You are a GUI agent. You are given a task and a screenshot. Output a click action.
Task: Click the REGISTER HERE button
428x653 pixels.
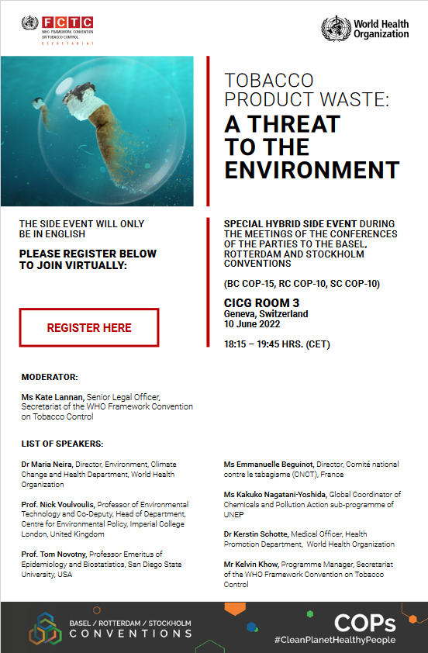[x=89, y=327]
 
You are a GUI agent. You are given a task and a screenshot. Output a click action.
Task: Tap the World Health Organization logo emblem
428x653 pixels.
[x=336, y=29]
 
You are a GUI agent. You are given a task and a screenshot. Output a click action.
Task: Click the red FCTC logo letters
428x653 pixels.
[x=68, y=22]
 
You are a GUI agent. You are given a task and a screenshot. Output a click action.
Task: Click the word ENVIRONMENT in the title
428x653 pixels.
[x=312, y=170]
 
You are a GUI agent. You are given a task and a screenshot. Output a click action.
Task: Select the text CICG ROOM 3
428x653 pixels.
[x=261, y=302]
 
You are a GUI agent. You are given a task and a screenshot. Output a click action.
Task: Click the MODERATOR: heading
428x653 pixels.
[x=50, y=377]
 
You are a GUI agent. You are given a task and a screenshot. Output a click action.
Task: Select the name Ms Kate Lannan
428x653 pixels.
[x=53, y=397]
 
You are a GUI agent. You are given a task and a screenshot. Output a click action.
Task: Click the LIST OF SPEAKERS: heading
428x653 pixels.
[x=62, y=444]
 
